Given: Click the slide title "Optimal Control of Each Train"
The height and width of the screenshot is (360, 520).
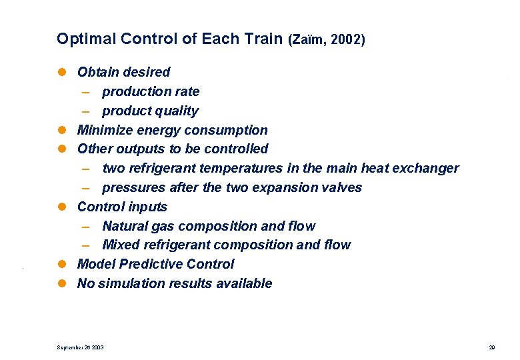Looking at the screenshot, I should tap(169, 39).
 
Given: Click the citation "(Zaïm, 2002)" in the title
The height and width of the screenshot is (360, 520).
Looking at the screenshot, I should tap(326, 39).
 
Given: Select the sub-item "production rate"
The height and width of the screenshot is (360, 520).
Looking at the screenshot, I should tap(150, 91).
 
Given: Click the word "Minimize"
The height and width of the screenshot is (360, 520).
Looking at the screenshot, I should tap(104, 130).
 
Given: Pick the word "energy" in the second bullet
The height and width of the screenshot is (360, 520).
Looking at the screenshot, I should tap(158, 130).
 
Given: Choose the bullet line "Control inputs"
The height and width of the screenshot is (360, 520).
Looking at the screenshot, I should tap(122, 207).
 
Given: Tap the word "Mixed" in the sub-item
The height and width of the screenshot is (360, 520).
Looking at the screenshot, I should tap(121, 245).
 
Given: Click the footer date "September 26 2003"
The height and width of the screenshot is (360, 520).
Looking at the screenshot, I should tap(80, 347).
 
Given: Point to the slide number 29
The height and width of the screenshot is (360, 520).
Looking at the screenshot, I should tap(491, 347).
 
